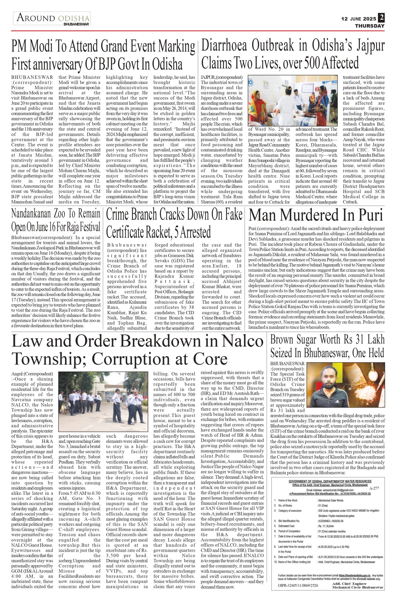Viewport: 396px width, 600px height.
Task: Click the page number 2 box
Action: point(381,18)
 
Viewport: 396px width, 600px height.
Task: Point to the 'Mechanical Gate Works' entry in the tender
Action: point(331,500)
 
